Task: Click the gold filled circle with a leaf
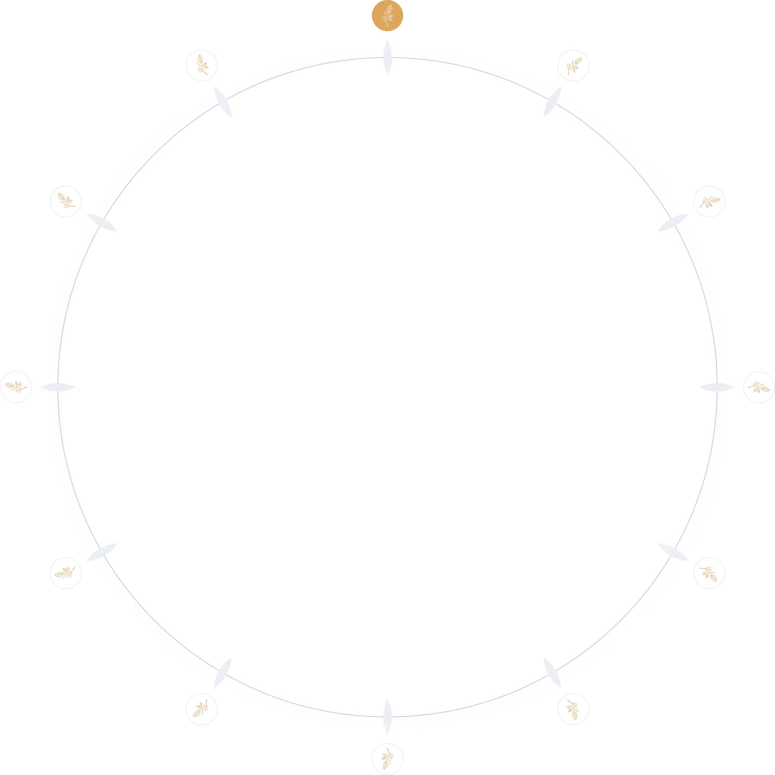387,16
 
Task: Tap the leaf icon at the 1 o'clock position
573,65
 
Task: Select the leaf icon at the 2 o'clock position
709,201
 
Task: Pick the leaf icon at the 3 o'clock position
759,387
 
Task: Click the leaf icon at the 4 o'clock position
709,573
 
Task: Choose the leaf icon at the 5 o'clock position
573,709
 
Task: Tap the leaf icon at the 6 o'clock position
387,759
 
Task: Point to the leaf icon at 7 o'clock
201,709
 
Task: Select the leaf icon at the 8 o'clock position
65,573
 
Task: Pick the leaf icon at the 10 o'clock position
65,201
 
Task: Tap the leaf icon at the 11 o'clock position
201,65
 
